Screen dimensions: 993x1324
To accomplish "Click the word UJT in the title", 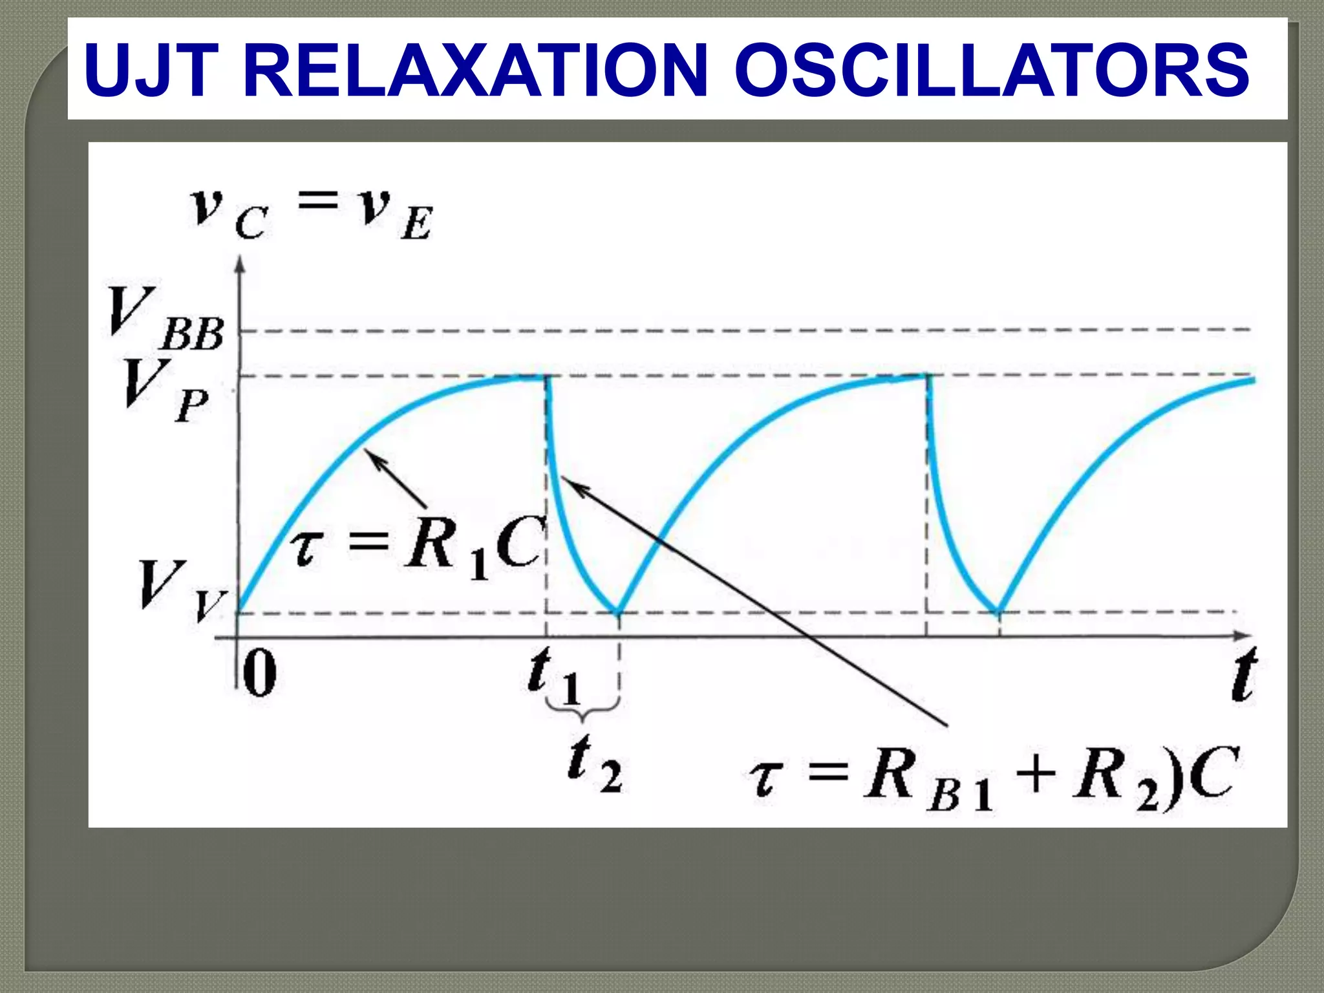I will tap(149, 70).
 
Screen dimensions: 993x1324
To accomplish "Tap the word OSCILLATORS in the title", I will tap(992, 70).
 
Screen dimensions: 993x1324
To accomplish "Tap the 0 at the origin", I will tap(260, 674).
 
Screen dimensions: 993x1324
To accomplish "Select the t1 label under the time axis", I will tap(553, 677).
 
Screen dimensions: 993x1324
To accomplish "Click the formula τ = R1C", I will tap(417, 546).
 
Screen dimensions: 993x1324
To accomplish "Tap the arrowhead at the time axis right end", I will tap(1244, 635).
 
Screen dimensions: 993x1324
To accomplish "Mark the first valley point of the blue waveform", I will tap(618, 612).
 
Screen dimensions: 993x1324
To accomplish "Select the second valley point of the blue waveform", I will tap(999, 612).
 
